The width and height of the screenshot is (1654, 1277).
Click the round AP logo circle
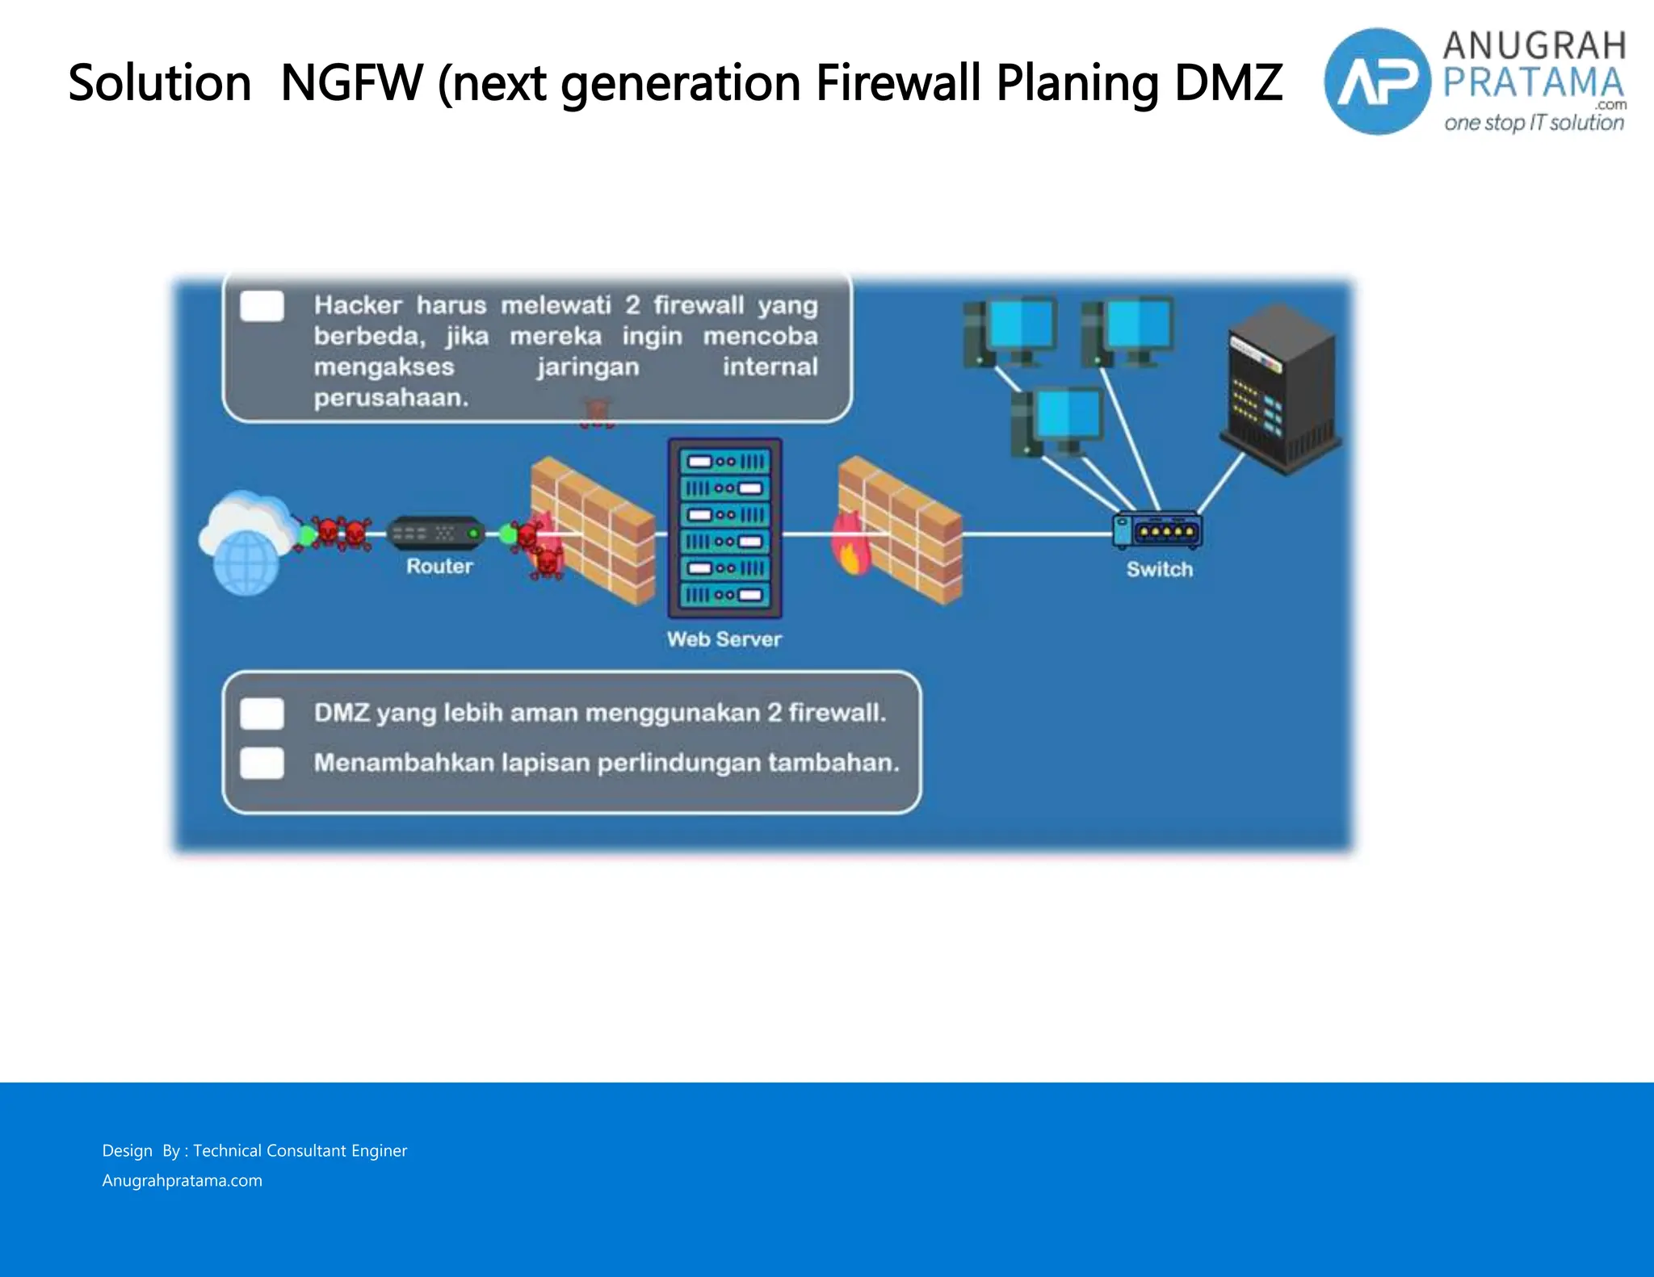pos(1377,82)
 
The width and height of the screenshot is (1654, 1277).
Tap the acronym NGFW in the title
pos(351,82)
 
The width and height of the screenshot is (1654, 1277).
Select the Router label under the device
pos(439,566)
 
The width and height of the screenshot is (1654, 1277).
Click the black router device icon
pos(436,533)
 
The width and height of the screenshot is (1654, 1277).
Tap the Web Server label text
pos(724,639)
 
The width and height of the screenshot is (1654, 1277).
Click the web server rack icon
pos(724,529)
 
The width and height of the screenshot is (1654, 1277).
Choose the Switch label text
pos(1159,569)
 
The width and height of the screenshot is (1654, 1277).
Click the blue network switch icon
pos(1157,530)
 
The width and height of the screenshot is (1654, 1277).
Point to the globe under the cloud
pos(246,562)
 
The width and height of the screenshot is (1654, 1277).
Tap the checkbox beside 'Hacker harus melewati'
pos(262,307)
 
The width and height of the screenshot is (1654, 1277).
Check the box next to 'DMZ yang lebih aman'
pos(262,714)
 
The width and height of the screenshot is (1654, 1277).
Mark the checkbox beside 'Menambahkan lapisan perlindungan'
pos(262,763)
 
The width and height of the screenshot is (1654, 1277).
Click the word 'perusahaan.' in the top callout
pos(391,398)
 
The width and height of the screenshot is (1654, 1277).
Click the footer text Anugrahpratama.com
pos(182,1180)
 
